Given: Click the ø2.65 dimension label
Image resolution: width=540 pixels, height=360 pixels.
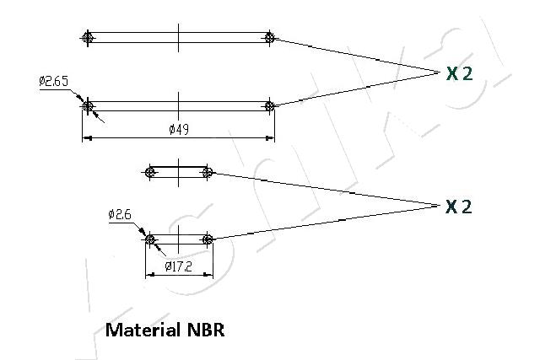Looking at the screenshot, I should coord(53,81).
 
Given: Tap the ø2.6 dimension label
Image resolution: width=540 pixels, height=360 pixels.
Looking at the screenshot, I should coord(120,214).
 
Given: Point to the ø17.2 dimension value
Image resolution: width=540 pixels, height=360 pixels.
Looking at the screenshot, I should coord(179,266).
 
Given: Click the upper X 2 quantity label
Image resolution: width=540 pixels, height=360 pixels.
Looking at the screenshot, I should coord(459,73).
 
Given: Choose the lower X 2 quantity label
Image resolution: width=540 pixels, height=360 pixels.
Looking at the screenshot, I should coord(459,207).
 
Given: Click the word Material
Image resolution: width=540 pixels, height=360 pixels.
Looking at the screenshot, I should coord(140,329).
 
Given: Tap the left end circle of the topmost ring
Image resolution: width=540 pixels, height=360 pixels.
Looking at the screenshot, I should coord(87,37).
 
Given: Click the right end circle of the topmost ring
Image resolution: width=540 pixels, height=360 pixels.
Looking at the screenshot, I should coord(269,37).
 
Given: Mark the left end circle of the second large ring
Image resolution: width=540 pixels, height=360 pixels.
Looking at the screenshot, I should coord(87,105).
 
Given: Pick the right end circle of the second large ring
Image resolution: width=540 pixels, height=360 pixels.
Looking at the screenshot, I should coord(269,105).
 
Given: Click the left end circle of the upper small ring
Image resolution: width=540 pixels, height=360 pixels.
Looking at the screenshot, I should coord(150,172).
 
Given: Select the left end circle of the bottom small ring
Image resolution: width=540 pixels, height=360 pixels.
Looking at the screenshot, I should coord(150,239).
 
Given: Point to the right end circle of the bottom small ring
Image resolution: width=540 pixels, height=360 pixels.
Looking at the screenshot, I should coord(208,239).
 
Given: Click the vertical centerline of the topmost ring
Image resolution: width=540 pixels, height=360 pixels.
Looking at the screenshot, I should coord(178,37).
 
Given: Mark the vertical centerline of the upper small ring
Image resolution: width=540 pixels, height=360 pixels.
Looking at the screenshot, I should coord(179,172).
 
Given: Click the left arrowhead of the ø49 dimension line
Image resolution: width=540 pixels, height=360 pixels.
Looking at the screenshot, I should coord(85,137).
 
